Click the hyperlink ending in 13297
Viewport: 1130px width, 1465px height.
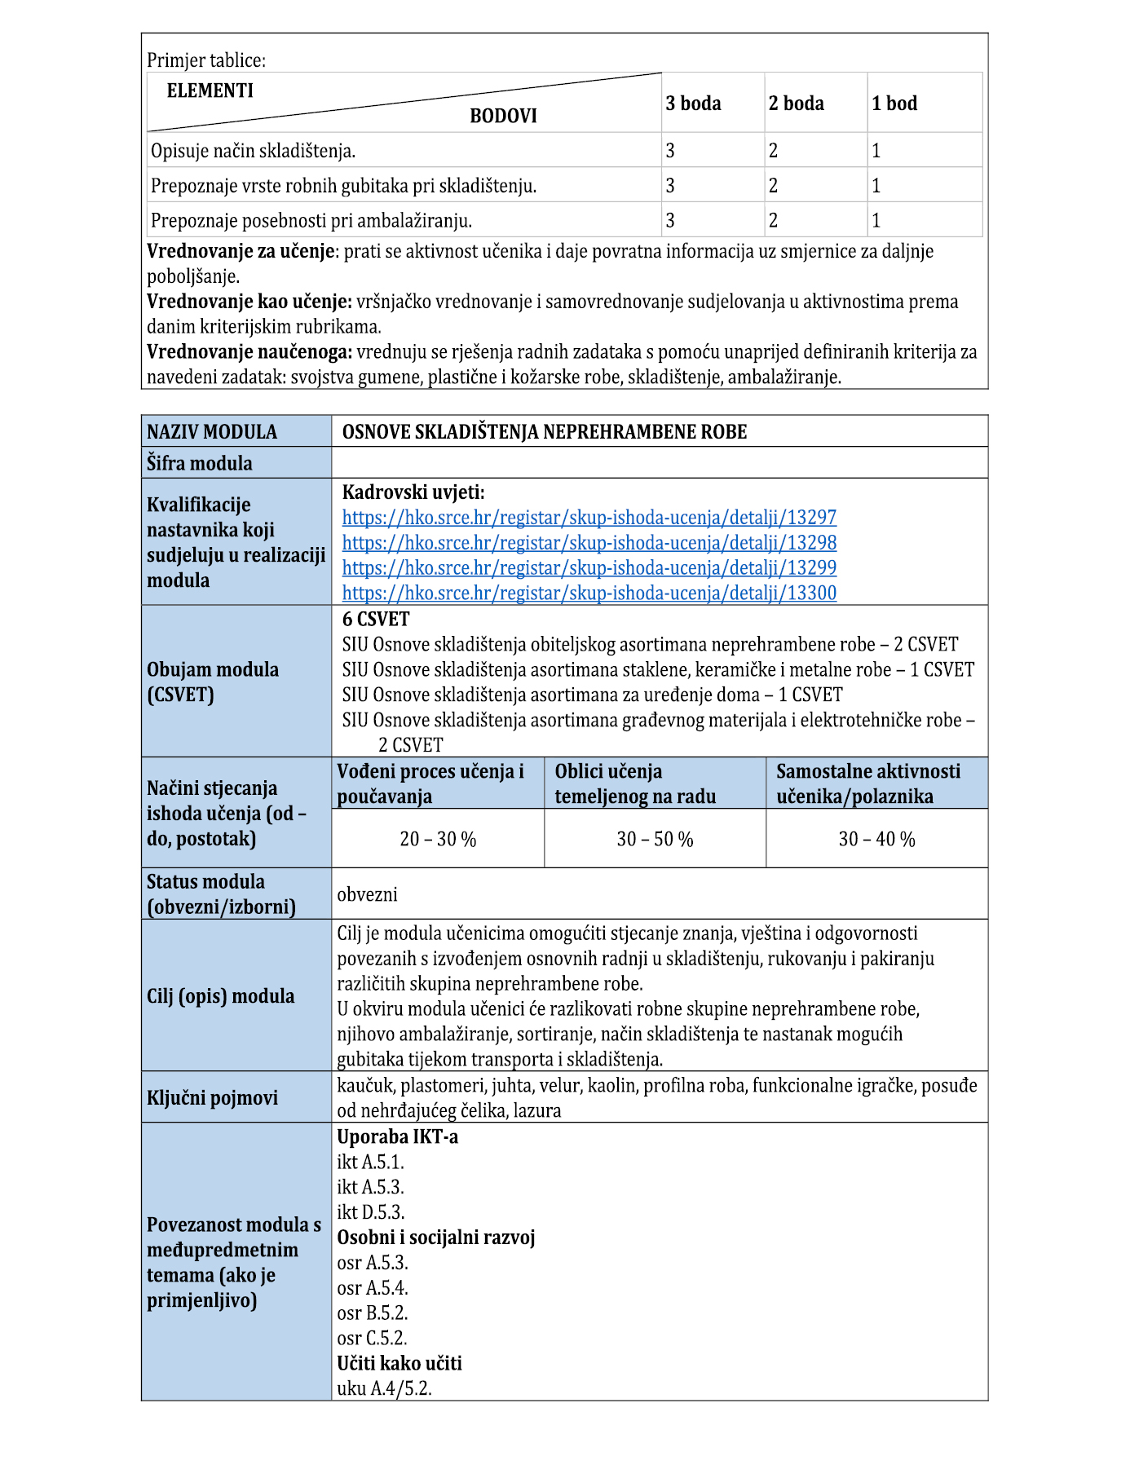pos(589,518)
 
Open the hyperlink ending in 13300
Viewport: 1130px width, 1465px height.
pos(589,594)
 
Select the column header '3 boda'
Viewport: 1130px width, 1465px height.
pos(693,104)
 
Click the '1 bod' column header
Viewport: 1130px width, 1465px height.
pos(894,104)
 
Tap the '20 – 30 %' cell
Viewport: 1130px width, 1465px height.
pos(438,840)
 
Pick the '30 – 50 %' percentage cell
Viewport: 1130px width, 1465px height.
pos(655,840)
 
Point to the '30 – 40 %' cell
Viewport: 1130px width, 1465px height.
pos(876,840)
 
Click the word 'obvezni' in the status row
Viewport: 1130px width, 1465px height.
pos(367,894)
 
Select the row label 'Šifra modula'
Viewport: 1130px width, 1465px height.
pos(200,464)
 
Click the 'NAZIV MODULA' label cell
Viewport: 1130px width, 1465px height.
pos(212,432)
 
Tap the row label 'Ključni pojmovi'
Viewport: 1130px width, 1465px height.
pos(212,1098)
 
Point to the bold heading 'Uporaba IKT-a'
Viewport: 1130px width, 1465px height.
pos(398,1136)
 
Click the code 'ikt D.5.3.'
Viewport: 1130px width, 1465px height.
pos(371,1212)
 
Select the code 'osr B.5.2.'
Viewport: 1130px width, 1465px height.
pos(373,1313)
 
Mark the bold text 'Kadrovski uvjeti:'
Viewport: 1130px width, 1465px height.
pos(413,492)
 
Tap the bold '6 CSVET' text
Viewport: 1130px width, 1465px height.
pos(376,619)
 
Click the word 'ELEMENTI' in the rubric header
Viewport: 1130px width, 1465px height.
pos(210,90)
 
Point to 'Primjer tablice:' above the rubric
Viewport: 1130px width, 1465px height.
pos(206,60)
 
